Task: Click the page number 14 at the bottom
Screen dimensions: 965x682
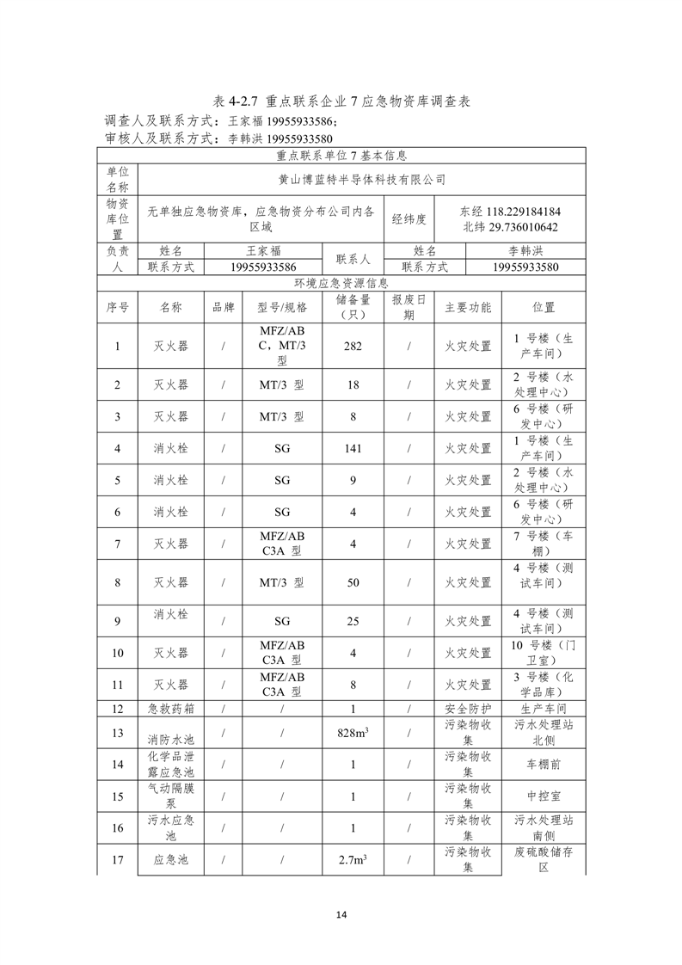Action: point(341,913)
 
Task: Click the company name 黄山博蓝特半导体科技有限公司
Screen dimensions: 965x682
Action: point(362,180)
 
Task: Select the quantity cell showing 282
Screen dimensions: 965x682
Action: point(353,347)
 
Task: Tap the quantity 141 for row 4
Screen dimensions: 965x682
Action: point(353,448)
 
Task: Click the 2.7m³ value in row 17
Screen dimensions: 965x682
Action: point(353,859)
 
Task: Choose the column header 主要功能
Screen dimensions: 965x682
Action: point(468,307)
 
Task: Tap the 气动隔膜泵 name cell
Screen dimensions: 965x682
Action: point(171,796)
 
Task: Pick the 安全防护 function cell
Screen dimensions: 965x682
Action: point(468,709)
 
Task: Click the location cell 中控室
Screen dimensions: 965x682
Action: point(544,796)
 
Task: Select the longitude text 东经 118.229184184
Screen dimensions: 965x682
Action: point(511,211)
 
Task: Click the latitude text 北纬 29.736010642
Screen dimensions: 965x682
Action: point(511,227)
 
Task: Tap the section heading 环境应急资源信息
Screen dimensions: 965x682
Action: point(341,282)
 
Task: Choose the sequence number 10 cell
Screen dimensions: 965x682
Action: point(117,653)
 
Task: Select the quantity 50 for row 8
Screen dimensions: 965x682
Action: point(353,582)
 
